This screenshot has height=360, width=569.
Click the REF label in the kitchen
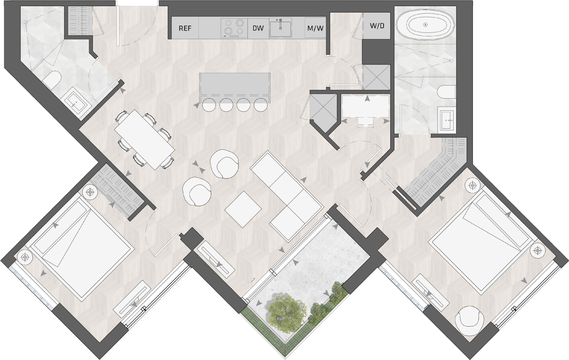coord(185,28)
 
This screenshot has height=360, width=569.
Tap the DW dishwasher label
coord(258,28)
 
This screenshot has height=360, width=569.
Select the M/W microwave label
coord(315,28)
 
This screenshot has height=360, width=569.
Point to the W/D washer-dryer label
coord(377,25)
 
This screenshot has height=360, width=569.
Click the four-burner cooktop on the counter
coord(234,27)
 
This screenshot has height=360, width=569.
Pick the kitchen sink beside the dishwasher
coord(280,28)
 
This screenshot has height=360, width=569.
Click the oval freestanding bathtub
coord(425,25)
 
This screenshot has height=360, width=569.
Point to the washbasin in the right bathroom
coord(446,119)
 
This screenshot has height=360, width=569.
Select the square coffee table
coord(243,208)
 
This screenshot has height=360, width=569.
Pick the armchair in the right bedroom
coord(470,319)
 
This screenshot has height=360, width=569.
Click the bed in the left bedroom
coord(82,246)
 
